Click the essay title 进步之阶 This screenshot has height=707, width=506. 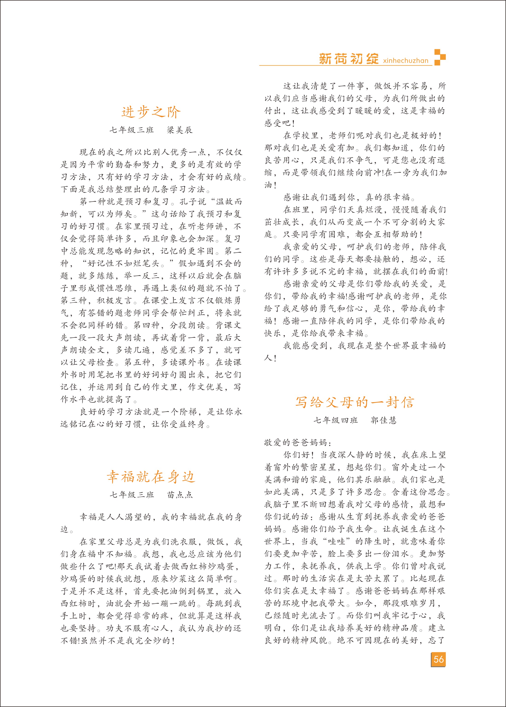tap(151, 112)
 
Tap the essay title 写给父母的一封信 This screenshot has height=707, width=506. tap(355, 402)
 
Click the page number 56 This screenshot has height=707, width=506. tap(438, 659)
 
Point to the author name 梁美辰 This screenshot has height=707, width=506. tap(179, 130)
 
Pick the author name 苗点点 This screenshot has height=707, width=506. tap(180, 495)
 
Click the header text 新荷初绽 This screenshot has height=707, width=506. tap(349, 59)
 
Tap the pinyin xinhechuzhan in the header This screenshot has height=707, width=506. tap(406, 61)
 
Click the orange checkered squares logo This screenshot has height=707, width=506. tap(440, 57)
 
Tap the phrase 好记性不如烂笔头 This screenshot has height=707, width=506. tap(123, 263)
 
